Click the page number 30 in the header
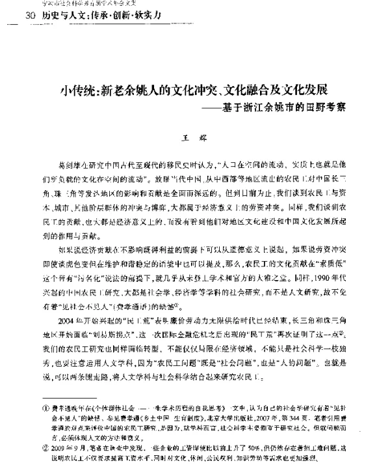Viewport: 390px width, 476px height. tap(29, 16)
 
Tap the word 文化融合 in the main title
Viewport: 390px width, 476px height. tap(246, 89)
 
